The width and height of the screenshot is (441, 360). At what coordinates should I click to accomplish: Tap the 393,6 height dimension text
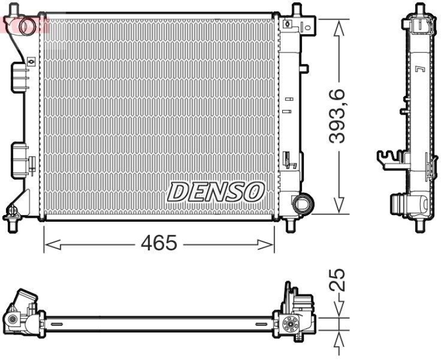(x=337, y=116)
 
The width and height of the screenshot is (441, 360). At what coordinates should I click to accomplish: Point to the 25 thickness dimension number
(x=338, y=280)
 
